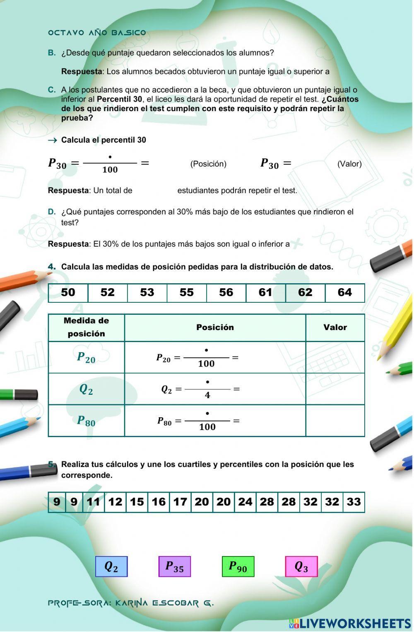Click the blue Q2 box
(x=111, y=566)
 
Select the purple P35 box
(x=174, y=566)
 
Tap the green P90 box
(x=238, y=566)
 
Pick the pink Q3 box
(x=301, y=566)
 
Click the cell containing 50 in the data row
(x=68, y=293)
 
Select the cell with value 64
(x=345, y=293)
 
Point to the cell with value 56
(x=226, y=293)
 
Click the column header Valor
(x=335, y=328)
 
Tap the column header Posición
(x=215, y=328)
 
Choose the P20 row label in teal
(x=86, y=357)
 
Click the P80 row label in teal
(x=86, y=421)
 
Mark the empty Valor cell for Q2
(x=335, y=389)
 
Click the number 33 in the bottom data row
(x=354, y=502)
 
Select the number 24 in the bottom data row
(x=245, y=502)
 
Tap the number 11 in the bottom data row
(x=94, y=502)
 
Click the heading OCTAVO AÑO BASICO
(x=97, y=33)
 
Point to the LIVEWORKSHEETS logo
(x=350, y=623)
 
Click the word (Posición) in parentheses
(x=208, y=164)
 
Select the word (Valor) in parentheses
(x=349, y=164)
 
